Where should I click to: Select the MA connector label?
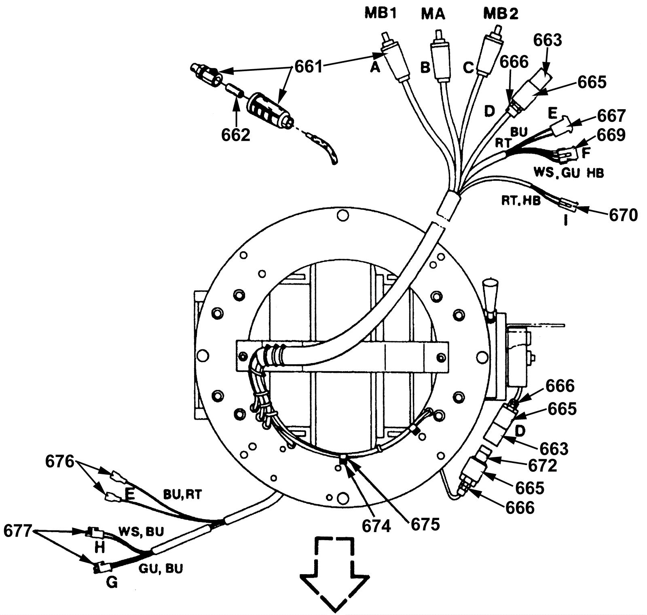pos(433,14)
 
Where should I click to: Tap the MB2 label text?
pos(501,14)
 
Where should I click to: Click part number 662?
pos(236,135)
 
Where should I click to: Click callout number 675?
pos(425,524)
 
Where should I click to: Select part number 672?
pos(543,465)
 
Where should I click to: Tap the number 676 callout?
pos(59,461)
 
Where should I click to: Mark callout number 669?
pos(611,135)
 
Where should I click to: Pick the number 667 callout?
pos(611,116)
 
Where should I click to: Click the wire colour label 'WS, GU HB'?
pos(568,173)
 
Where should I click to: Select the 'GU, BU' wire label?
pos(161,568)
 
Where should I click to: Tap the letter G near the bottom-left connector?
pos(112,583)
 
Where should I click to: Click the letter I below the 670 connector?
pos(566,221)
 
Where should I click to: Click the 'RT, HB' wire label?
pos(521,201)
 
